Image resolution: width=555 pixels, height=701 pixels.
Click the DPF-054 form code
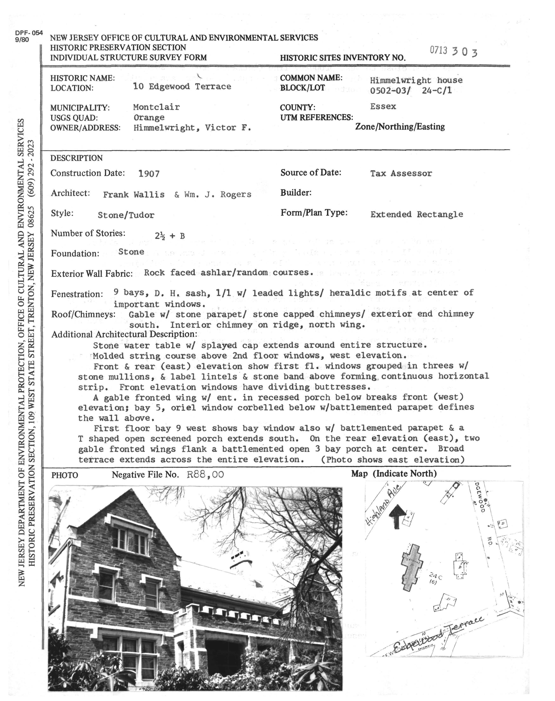29,33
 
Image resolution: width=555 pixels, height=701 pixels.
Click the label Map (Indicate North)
394,474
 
